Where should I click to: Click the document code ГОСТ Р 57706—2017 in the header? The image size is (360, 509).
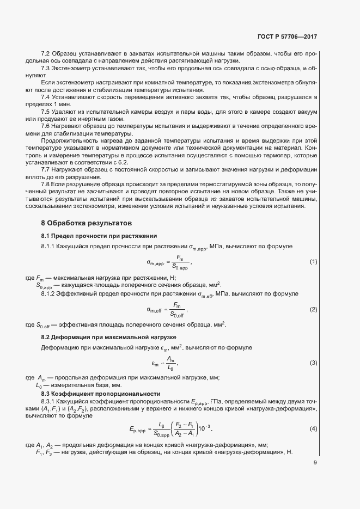tap(287, 38)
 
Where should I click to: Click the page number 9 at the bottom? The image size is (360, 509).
tap(315, 463)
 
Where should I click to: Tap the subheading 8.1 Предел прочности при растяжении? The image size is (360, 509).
tap(99, 236)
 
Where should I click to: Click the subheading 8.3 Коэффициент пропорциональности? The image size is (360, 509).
tap(100, 394)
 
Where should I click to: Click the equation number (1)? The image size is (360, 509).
tap(313, 262)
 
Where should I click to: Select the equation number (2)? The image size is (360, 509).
tap(313, 309)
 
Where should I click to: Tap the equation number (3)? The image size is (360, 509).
tap(313, 363)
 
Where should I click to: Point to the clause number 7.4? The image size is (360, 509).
tap(46, 97)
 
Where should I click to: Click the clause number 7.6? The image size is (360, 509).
tap(46, 125)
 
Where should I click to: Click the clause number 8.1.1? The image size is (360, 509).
tap(49, 247)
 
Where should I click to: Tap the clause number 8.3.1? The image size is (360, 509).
tap(49, 401)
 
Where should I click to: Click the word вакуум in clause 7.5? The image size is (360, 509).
tap(305, 111)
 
